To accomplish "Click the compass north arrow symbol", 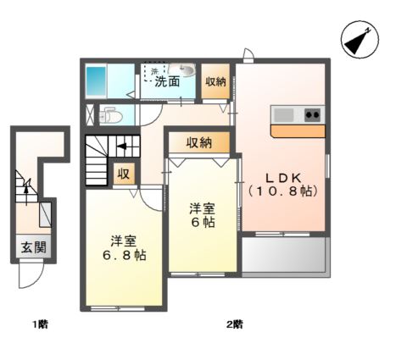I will [360, 40].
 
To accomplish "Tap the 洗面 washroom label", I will [167, 82].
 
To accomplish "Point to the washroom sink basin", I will [187, 71].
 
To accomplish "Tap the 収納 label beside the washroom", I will [215, 81].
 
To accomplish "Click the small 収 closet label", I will [123, 174].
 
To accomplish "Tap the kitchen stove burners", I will [311, 114].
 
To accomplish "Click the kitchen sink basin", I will [283, 114].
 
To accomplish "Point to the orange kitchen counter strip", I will [298, 130].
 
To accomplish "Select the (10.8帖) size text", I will [283, 192].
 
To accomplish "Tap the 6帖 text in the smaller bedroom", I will [201, 221].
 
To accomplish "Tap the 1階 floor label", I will [39, 324].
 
